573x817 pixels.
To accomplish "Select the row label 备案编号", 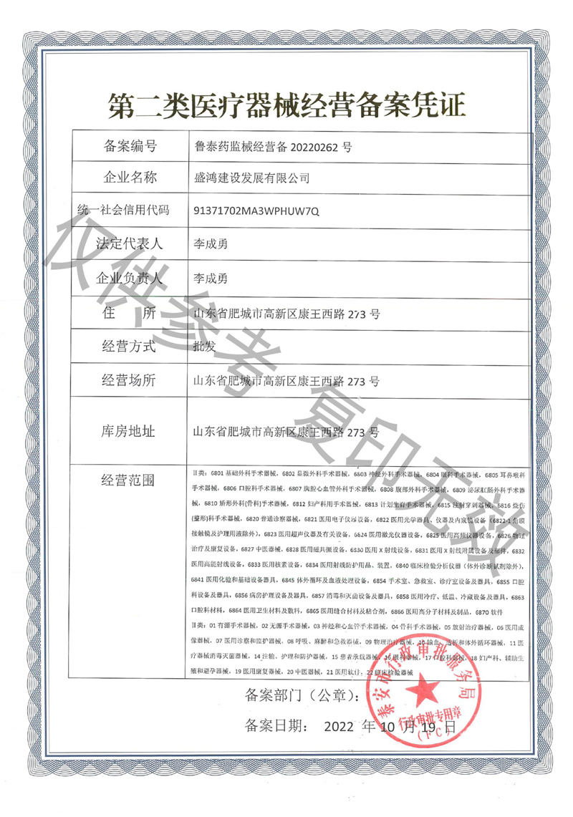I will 130,148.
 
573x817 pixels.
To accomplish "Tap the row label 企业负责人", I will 130,278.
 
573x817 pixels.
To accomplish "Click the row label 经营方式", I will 130,347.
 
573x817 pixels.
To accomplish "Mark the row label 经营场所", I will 130,381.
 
